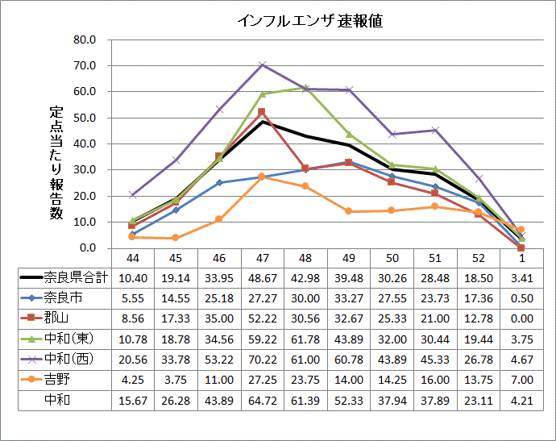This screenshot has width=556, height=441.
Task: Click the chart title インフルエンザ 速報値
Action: coord(309,22)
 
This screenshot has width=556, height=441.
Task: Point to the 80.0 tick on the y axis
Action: coord(85,40)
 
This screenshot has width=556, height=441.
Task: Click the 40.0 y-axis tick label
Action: coord(85,144)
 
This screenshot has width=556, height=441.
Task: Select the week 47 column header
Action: coord(262,257)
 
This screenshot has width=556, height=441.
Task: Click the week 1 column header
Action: coord(521,257)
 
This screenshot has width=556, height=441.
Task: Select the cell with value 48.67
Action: coord(262,277)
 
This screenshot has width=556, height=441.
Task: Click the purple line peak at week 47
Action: coord(262,64)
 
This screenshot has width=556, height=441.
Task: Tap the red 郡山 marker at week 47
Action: coord(262,112)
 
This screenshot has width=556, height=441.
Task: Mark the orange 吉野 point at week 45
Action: coord(175,238)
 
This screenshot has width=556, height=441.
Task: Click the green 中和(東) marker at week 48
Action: coord(305,87)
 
